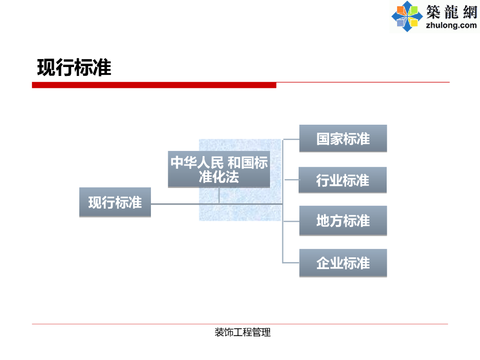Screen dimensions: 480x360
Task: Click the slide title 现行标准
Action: click(x=74, y=68)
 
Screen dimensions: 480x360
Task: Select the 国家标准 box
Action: click(x=343, y=138)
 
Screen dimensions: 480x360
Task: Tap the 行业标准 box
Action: click(x=343, y=180)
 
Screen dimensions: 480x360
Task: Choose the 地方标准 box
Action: click(x=343, y=220)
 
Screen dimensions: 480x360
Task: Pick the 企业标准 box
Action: click(x=343, y=263)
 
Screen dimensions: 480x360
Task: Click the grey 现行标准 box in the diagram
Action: click(x=115, y=202)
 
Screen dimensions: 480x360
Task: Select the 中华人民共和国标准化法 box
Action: click(x=219, y=169)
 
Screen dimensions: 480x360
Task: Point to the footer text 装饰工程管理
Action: click(x=242, y=333)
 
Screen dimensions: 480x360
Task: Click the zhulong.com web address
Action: click(x=451, y=25)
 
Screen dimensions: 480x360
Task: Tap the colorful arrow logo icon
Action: click(x=407, y=16)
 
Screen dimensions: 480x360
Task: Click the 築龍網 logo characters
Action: click(x=451, y=11)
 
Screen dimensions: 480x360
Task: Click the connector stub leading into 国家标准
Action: click(x=291, y=139)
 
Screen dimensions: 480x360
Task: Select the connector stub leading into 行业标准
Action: click(x=291, y=180)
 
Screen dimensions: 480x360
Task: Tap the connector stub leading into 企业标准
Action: click(x=291, y=262)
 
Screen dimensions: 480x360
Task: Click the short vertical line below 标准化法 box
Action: click(x=219, y=195)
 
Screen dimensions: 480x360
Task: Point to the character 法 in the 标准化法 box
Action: click(x=232, y=177)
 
